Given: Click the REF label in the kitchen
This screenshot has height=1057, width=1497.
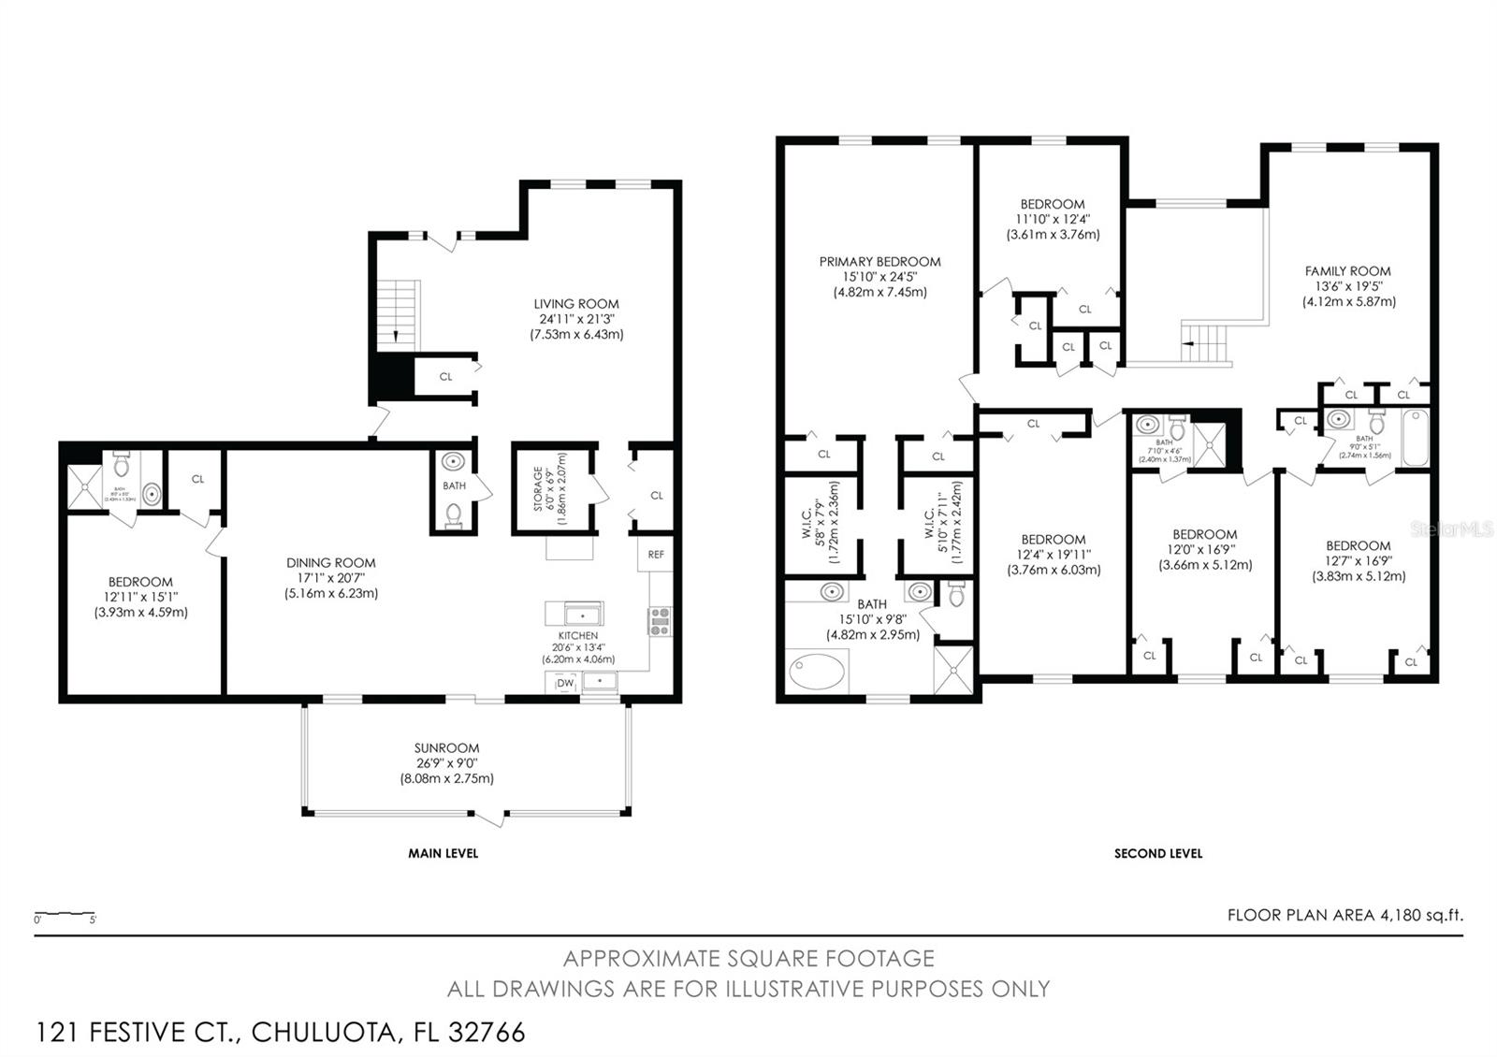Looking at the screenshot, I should tap(656, 555).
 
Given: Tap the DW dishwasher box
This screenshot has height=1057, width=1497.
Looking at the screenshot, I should tap(564, 684).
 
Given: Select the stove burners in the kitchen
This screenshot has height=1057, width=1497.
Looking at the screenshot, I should tap(660, 621).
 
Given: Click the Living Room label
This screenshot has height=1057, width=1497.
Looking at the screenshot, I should tap(576, 304).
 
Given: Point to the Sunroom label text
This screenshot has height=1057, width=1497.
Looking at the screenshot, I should tap(446, 748).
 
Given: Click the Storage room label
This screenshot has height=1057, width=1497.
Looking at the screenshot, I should tap(537, 489).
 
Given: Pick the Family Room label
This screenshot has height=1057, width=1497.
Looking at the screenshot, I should tap(1347, 271).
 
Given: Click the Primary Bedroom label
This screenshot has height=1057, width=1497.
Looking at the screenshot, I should tap(879, 262).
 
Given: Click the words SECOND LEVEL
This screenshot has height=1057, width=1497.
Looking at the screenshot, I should tap(1157, 853).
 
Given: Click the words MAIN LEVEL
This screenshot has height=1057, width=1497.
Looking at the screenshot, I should tap(443, 853).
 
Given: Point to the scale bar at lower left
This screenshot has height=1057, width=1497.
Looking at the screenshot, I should tap(65, 914).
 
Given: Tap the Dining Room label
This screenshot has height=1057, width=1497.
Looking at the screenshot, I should tap(331, 563).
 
